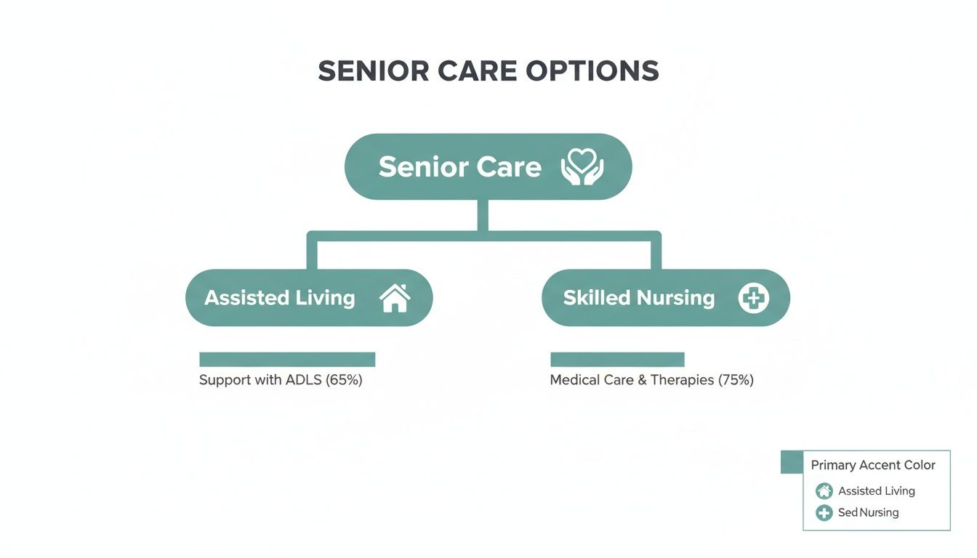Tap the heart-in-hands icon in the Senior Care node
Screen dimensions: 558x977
(x=582, y=166)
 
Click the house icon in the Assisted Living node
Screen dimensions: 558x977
(x=395, y=298)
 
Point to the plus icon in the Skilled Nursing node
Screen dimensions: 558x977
(x=753, y=298)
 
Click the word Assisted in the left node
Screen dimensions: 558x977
(x=246, y=298)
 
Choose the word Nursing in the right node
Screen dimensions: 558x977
(x=675, y=298)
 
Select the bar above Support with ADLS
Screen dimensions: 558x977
(x=287, y=360)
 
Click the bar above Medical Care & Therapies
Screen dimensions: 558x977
(x=617, y=360)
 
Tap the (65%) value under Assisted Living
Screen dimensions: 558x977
(x=344, y=380)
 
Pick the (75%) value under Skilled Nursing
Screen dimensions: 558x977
(x=736, y=380)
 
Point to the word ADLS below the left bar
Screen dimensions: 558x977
(x=302, y=380)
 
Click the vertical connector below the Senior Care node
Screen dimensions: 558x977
(x=483, y=215)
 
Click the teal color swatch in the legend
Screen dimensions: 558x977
(x=791, y=462)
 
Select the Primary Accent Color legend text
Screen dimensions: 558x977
(x=873, y=465)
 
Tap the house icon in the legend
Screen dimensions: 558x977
(x=824, y=491)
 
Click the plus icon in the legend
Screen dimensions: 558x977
(x=824, y=513)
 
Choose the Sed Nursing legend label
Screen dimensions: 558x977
(x=868, y=513)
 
